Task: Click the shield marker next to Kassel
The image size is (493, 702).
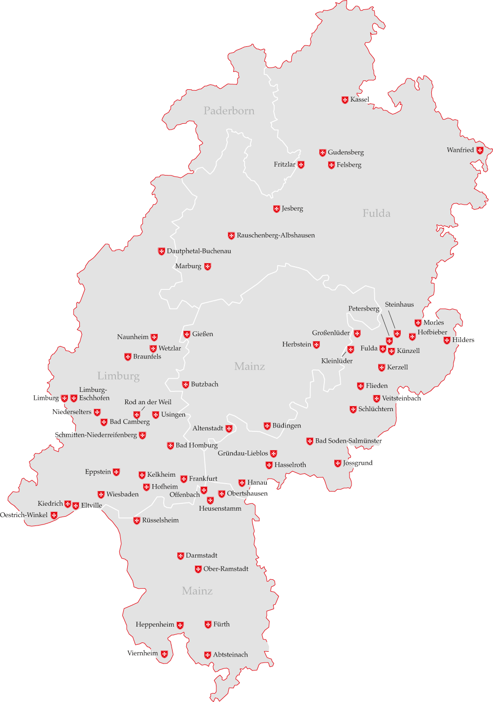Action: click(x=345, y=100)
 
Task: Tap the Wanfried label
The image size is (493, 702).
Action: click(x=460, y=150)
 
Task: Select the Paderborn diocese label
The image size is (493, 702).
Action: click(x=229, y=111)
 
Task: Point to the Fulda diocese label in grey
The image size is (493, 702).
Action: click(x=376, y=213)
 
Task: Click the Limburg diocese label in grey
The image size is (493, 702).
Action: click(x=118, y=376)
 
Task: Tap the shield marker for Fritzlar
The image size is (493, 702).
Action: click(x=301, y=165)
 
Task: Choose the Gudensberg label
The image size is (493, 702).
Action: click(x=346, y=152)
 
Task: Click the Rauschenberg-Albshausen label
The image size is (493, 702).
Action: click(x=276, y=235)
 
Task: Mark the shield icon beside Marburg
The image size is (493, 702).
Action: click(x=208, y=267)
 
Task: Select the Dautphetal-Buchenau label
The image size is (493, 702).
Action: click(x=199, y=251)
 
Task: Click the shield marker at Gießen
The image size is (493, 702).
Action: click(x=187, y=334)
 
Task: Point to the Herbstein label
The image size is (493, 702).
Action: click(x=297, y=344)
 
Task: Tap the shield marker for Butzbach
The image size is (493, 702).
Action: click(x=185, y=385)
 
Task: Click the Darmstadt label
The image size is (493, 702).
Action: click(x=201, y=556)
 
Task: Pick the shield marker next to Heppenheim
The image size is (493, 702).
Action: click(x=180, y=625)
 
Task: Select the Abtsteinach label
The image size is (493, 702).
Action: click(x=230, y=655)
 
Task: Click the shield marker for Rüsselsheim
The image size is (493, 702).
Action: click(x=137, y=521)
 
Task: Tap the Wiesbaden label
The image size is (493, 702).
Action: click(x=122, y=494)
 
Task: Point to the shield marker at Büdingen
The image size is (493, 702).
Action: click(x=267, y=426)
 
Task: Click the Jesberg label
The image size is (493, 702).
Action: click(x=292, y=209)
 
